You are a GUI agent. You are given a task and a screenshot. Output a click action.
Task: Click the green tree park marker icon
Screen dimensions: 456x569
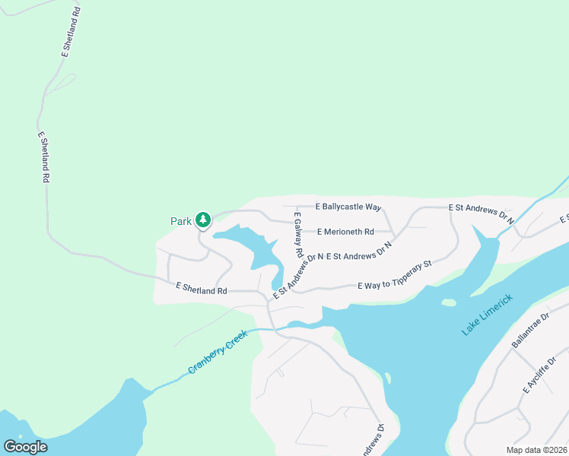click(x=203, y=220)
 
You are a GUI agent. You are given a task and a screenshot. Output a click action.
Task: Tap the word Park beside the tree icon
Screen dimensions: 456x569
click(x=180, y=221)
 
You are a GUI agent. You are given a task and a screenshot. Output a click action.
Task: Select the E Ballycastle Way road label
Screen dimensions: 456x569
click(x=348, y=207)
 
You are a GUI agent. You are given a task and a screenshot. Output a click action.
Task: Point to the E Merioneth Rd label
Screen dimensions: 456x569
click(x=345, y=232)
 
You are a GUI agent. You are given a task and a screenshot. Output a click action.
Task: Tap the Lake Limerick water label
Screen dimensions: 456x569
click(x=488, y=315)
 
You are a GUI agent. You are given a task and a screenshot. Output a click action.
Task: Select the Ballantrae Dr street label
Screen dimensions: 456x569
click(x=530, y=330)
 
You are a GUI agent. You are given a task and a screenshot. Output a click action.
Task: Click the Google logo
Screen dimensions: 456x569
click(x=25, y=446)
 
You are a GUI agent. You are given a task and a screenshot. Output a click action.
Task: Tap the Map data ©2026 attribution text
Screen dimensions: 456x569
click(x=537, y=450)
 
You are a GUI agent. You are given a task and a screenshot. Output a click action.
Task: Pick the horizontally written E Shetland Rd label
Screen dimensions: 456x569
click(x=202, y=290)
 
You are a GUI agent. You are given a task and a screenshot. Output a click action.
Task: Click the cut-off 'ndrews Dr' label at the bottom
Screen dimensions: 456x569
click(x=372, y=441)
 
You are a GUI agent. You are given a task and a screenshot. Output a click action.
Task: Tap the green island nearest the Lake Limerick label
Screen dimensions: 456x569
click(x=449, y=302)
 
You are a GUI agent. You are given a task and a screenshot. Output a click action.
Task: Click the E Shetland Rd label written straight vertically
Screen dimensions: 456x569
click(x=43, y=157)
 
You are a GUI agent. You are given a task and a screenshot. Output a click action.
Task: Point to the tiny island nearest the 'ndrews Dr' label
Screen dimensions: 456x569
click(x=387, y=378)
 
